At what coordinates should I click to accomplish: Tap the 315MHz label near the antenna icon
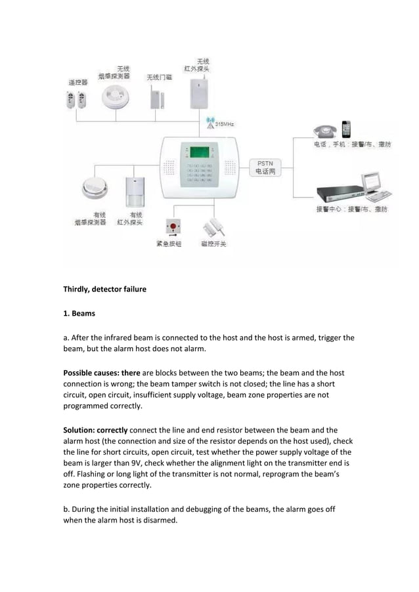pos(224,123)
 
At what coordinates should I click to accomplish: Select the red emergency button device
pos(173,227)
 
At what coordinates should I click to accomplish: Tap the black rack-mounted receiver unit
pos(340,193)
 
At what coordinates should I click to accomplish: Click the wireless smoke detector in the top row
pos(115,98)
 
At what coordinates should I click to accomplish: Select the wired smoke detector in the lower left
pos(94,189)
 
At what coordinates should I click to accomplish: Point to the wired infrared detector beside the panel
pos(135,192)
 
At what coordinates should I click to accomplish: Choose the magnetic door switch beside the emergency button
pos(212,227)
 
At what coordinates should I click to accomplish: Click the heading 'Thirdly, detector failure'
pos(104,289)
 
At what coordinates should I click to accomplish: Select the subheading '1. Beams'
pos(79,314)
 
